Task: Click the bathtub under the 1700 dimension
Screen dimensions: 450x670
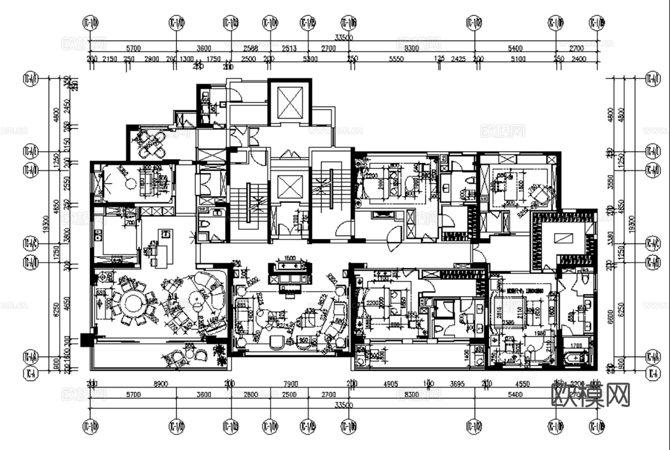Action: click(577, 358)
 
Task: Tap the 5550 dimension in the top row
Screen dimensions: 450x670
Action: click(396, 59)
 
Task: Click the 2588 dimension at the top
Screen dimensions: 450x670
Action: click(250, 49)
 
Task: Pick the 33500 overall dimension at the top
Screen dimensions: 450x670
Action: click(344, 38)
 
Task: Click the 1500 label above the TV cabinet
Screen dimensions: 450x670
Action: click(290, 258)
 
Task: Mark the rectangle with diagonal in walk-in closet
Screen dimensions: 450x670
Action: click(563, 237)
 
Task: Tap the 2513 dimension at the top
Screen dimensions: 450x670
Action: click(289, 49)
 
